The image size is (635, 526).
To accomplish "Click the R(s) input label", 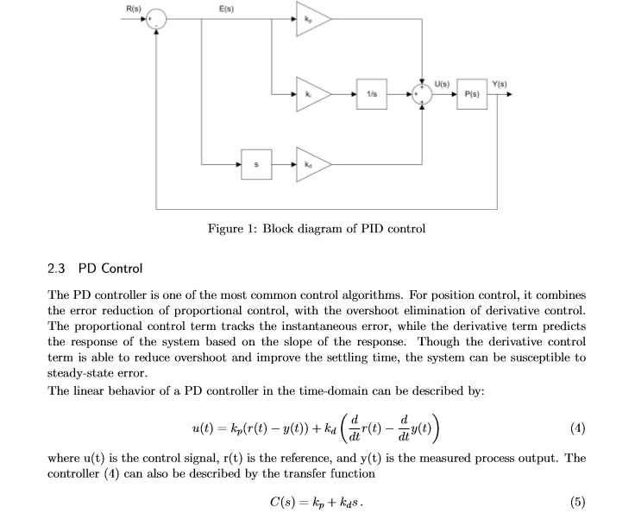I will click(x=134, y=8).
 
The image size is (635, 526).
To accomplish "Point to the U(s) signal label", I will click(x=442, y=83).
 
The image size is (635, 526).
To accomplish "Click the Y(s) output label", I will click(x=500, y=83).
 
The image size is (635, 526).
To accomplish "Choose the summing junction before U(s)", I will click(x=423, y=92).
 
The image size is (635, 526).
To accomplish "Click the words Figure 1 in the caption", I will click(x=232, y=229).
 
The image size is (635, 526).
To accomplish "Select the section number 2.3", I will click(x=57, y=269).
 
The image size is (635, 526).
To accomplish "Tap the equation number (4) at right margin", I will click(x=577, y=426).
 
